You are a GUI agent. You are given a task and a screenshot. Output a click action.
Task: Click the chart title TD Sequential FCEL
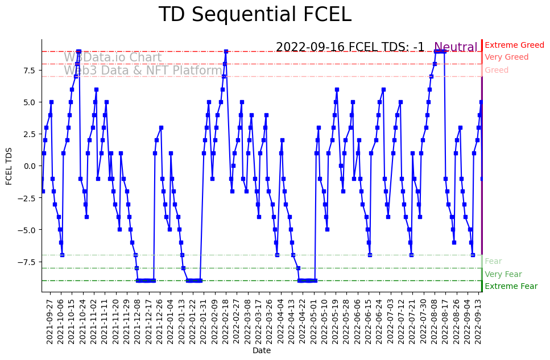click(x=255, y=15)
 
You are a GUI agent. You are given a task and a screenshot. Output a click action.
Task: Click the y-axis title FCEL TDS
click(x=9, y=165)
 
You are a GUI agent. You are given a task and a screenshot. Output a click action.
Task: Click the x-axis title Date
click(x=262, y=351)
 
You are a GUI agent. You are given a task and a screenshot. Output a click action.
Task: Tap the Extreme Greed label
click(x=514, y=45)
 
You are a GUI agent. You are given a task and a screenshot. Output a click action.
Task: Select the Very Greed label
click(x=506, y=57)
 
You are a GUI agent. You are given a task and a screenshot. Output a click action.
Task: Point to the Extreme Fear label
click(x=511, y=286)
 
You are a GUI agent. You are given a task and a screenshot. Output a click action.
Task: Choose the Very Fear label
click(x=503, y=274)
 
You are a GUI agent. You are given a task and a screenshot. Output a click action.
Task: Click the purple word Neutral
click(x=456, y=48)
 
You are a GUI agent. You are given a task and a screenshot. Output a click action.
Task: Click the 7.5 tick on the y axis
click(x=30, y=71)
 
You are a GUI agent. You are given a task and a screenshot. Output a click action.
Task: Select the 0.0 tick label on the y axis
click(x=30, y=166)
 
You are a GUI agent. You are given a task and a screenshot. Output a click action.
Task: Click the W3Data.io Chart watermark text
click(x=113, y=57)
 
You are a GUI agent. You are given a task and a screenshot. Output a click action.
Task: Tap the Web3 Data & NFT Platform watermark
click(x=143, y=71)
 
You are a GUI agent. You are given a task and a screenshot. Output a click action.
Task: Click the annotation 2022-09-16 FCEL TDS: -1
click(x=350, y=47)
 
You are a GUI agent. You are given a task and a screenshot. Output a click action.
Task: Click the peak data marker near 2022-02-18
click(x=226, y=51)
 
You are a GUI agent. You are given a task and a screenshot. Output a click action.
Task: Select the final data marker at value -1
click(x=482, y=179)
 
